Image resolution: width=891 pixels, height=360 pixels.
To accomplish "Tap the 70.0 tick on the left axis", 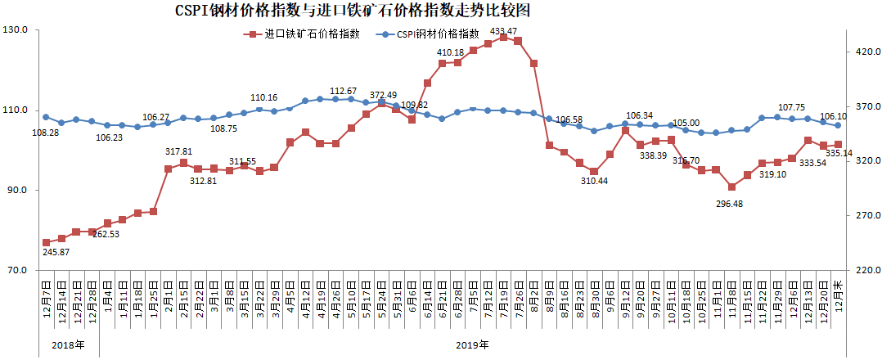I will (16, 271).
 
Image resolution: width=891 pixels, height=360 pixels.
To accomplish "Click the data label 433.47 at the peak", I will (503, 31).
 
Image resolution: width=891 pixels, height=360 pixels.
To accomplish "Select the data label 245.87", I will (55, 253).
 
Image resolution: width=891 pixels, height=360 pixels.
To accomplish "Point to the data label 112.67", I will (344, 91).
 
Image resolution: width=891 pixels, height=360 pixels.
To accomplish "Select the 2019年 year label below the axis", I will (472, 344).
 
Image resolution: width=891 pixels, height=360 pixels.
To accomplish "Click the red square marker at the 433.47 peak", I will (503, 37).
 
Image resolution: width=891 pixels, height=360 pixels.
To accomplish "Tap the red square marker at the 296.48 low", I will (731, 187).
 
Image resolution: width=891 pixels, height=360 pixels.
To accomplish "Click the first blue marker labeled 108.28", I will (46, 117).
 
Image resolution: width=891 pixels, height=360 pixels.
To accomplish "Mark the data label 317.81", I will (178, 152).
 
